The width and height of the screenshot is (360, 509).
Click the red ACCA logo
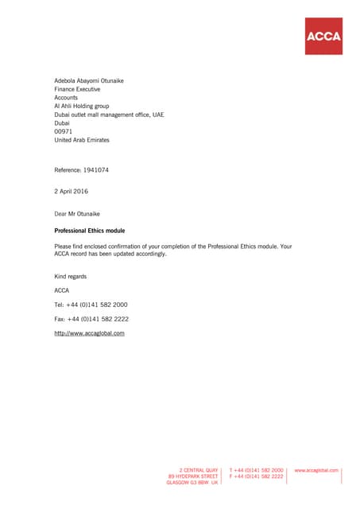[323, 36]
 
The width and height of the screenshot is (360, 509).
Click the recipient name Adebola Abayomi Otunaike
[89, 81]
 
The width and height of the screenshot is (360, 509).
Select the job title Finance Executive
[77, 89]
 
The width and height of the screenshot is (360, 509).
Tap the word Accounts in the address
[66, 98]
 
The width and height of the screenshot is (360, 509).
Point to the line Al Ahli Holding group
[82, 106]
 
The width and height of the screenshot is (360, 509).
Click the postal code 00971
[63, 131]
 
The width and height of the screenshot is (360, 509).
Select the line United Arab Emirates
[82, 140]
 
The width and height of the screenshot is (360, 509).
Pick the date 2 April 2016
[72, 192]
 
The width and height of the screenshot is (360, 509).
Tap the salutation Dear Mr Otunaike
[77, 213]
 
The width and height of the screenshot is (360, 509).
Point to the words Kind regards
[71, 276]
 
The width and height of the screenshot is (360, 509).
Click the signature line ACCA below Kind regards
[61, 290]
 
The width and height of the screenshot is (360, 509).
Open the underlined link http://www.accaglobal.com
[89, 333]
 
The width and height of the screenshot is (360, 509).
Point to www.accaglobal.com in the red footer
[316, 470]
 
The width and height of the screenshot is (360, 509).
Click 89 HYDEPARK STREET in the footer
[192, 476]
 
